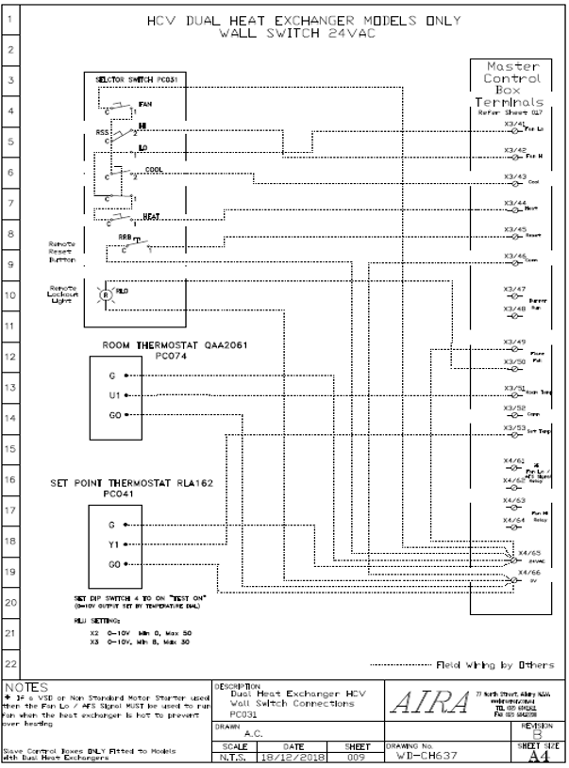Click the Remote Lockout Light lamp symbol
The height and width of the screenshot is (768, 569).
[x=106, y=293]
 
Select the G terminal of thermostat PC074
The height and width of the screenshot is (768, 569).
[x=112, y=375]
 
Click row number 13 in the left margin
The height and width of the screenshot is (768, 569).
[x=11, y=389]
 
